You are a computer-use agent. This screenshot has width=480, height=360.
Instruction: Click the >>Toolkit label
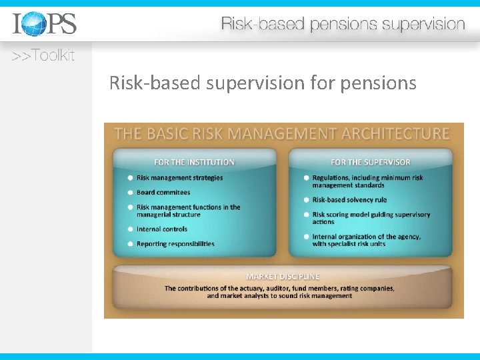coord(43,56)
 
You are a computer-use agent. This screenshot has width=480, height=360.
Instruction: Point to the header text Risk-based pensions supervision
coord(343,25)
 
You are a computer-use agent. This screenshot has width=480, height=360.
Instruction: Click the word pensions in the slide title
coord(378,83)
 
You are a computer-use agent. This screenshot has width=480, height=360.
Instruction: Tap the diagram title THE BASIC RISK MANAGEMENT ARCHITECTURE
coord(282,133)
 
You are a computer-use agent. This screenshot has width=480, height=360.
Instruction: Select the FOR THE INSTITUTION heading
coord(194,162)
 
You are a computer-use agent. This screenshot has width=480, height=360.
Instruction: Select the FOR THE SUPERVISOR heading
coord(370,162)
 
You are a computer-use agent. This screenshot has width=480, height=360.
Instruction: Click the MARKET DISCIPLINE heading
coord(283,276)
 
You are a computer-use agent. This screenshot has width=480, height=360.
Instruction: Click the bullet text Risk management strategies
coord(179,178)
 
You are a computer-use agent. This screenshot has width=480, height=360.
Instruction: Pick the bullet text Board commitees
coord(163,193)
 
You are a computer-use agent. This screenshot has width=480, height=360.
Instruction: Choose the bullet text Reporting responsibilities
coord(175,244)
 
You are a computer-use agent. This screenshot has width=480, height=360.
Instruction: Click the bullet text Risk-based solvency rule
coord(349,200)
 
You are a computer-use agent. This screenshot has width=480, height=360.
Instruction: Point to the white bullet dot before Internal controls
coord(129,229)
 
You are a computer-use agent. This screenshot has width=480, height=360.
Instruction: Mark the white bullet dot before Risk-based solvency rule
coord(305,200)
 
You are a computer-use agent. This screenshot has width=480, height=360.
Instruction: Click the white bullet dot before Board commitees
coord(129,193)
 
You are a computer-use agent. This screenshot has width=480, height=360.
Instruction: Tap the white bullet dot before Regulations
coord(305,178)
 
